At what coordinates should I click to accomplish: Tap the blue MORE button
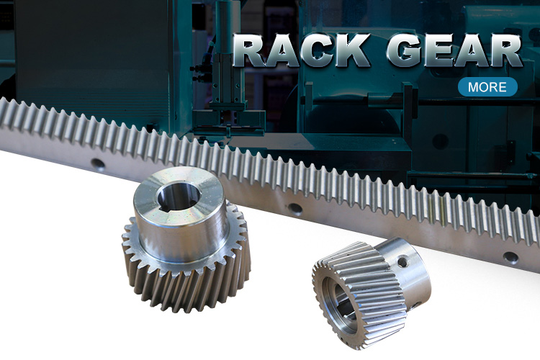click(487, 87)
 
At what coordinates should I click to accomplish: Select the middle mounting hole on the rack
click(295, 209)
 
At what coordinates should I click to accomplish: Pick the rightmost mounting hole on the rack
click(510, 257)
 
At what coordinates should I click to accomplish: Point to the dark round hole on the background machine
click(440, 142)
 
